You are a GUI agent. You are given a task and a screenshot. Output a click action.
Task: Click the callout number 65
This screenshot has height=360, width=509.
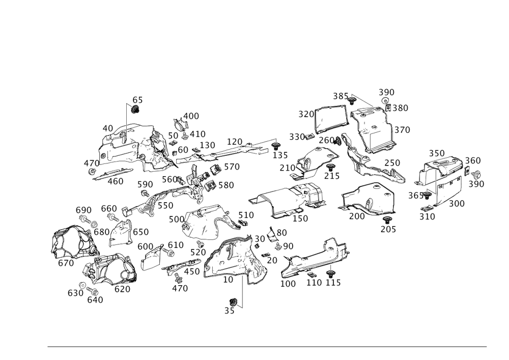[x=137, y=100]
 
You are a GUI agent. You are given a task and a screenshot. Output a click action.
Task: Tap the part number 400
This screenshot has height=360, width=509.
[x=191, y=116]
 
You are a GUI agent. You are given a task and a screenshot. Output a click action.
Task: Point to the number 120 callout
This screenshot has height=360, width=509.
[x=234, y=141]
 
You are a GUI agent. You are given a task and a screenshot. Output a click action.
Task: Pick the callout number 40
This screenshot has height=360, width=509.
[x=107, y=128]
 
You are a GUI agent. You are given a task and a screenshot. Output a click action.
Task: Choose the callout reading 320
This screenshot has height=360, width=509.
[x=305, y=114]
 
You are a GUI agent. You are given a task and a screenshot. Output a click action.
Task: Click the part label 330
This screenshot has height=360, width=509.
[x=297, y=136]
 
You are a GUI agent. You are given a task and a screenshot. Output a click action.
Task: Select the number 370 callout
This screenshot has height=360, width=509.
[x=402, y=130]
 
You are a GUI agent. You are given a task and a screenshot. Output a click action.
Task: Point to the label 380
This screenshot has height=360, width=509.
[x=400, y=108]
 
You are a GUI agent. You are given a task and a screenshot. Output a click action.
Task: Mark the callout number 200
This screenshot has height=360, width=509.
[x=357, y=216]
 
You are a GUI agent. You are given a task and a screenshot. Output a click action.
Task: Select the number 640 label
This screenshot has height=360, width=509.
[x=95, y=300]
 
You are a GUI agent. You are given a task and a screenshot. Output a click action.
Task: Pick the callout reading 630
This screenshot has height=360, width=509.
[x=76, y=293]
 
